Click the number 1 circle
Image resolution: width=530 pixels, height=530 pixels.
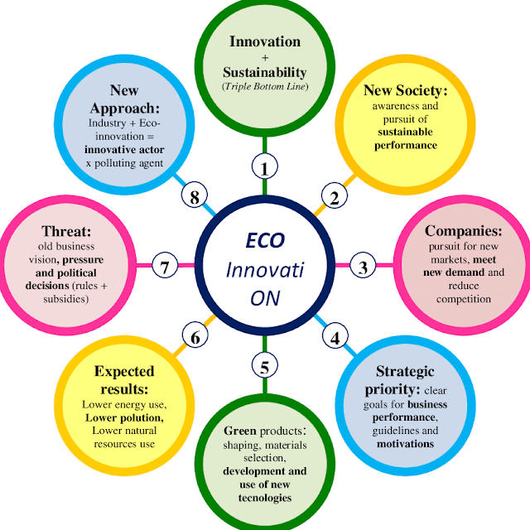tap(264, 167)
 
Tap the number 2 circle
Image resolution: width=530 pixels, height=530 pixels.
tap(335, 197)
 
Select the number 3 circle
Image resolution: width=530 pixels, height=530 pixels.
tap(363, 267)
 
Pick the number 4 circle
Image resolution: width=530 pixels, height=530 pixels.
tap(335, 337)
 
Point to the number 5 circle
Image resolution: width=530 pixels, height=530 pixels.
tap(264, 365)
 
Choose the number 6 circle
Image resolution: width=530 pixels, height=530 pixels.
tap(195, 337)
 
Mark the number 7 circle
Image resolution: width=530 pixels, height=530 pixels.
tap(166, 267)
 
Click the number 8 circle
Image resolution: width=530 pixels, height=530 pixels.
tap(195, 197)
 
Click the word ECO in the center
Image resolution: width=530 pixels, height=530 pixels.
tap(265, 241)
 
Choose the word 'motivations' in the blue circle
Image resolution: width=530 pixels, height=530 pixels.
tap(405, 443)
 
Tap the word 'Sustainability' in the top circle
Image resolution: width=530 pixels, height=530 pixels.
tap(265, 73)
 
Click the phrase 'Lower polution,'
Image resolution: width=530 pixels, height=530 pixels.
tap(124, 418)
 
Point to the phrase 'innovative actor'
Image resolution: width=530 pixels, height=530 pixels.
tap(124, 149)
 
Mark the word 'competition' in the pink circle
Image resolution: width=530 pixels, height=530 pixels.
tap(464, 298)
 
